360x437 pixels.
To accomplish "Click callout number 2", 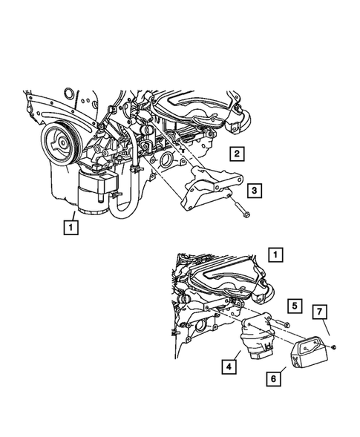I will point(235,154).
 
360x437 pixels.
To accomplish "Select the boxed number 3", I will point(254,191).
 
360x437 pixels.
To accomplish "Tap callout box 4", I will point(228,366).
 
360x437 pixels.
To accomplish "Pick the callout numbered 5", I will point(294,306).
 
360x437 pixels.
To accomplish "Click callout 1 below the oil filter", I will point(71,226).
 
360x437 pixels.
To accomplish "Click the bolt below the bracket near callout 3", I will point(245,217).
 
